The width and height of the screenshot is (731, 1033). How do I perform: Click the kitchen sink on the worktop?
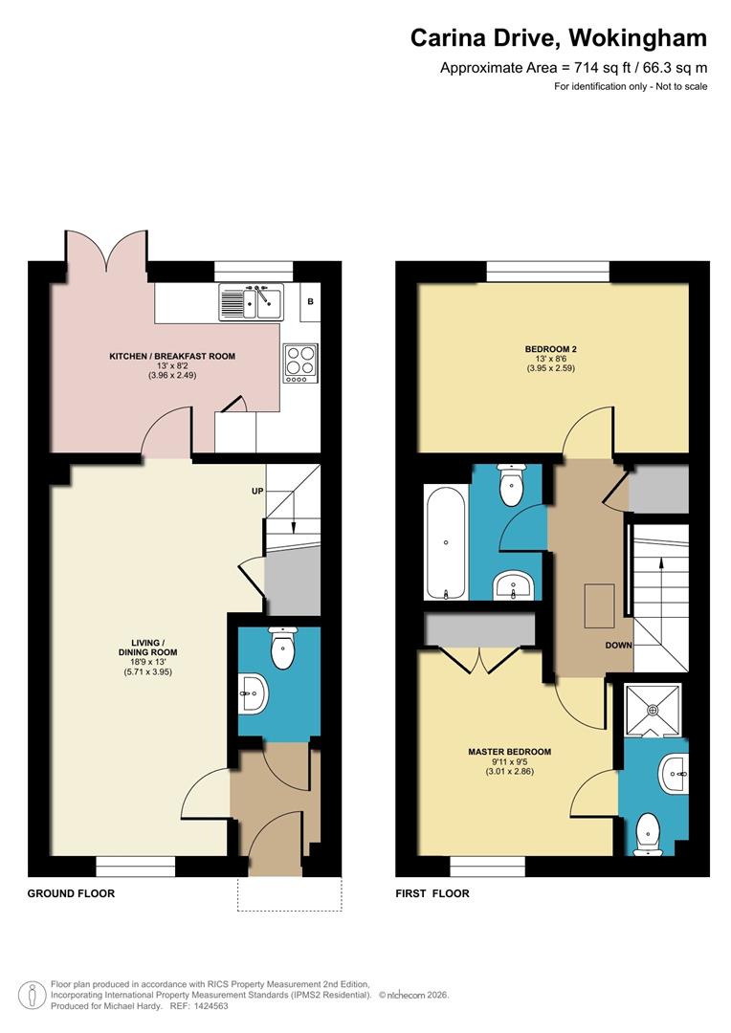[x=251, y=301]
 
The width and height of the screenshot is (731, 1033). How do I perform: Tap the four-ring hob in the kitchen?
[x=299, y=363]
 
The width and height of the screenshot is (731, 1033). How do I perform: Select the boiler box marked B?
[x=310, y=302]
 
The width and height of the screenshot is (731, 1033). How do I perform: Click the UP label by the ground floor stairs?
[x=256, y=491]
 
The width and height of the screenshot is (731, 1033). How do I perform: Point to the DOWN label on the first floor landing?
[x=618, y=645]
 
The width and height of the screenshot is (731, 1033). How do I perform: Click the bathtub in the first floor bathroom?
[x=447, y=542]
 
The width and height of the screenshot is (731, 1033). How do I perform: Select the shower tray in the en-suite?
[x=653, y=710]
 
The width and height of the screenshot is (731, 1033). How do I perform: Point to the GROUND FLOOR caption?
[x=71, y=893]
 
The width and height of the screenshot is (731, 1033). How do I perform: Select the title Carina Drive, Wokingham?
[x=559, y=38]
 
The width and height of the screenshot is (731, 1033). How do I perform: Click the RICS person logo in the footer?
[x=33, y=995]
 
